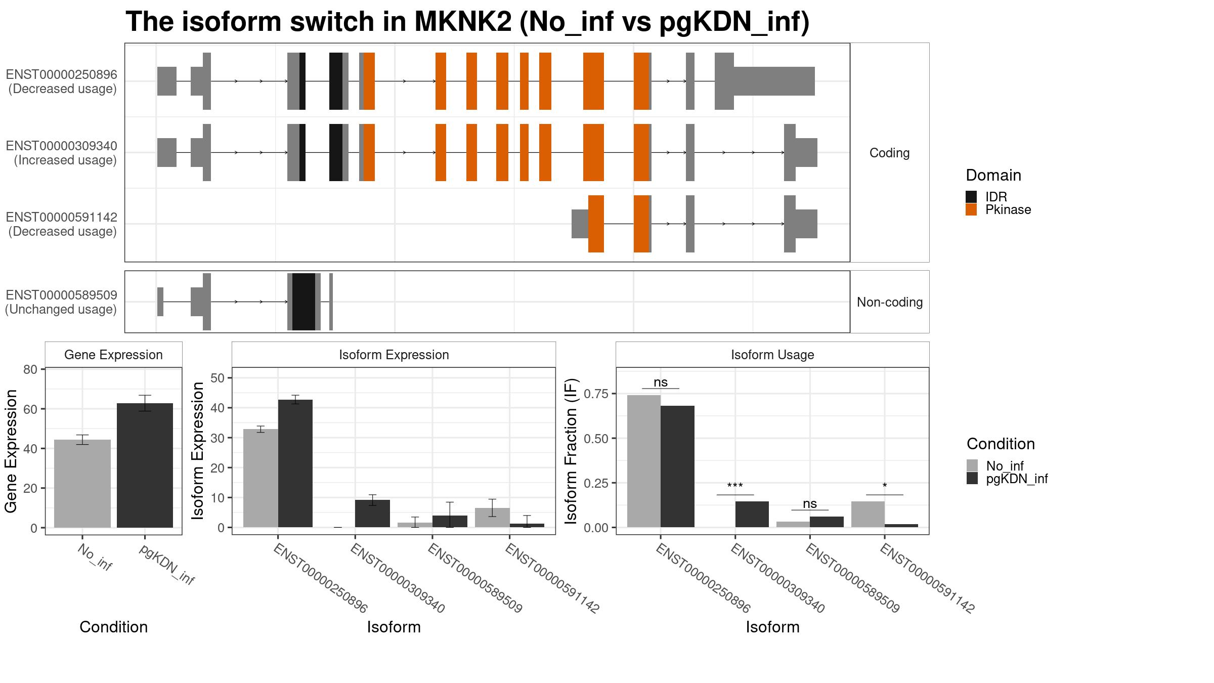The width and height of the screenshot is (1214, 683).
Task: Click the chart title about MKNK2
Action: tap(467, 22)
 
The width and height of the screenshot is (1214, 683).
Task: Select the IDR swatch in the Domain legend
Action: tap(971, 197)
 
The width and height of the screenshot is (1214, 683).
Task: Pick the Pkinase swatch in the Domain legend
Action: tap(971, 209)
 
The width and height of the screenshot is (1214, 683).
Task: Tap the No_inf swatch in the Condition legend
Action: tap(972, 465)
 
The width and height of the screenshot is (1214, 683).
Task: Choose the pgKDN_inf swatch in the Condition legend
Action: tap(972, 478)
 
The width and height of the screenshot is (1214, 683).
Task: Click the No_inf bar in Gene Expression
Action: tap(82, 484)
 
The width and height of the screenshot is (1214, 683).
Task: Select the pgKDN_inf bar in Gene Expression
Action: tap(145, 465)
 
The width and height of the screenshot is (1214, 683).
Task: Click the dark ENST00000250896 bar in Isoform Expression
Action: tap(295, 463)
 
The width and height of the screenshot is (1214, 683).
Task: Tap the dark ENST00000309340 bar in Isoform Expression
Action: tap(372, 514)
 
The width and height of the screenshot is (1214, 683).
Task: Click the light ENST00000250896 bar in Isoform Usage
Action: tap(644, 461)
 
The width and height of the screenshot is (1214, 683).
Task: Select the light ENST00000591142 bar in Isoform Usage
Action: tap(868, 514)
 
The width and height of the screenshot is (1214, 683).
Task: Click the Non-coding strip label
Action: tap(890, 302)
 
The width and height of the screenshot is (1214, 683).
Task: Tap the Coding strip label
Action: tap(889, 153)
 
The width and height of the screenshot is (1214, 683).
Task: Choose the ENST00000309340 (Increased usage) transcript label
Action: tap(61, 153)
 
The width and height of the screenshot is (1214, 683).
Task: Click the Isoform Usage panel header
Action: tap(772, 355)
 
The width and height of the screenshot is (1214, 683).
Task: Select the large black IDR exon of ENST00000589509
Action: tap(303, 302)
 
